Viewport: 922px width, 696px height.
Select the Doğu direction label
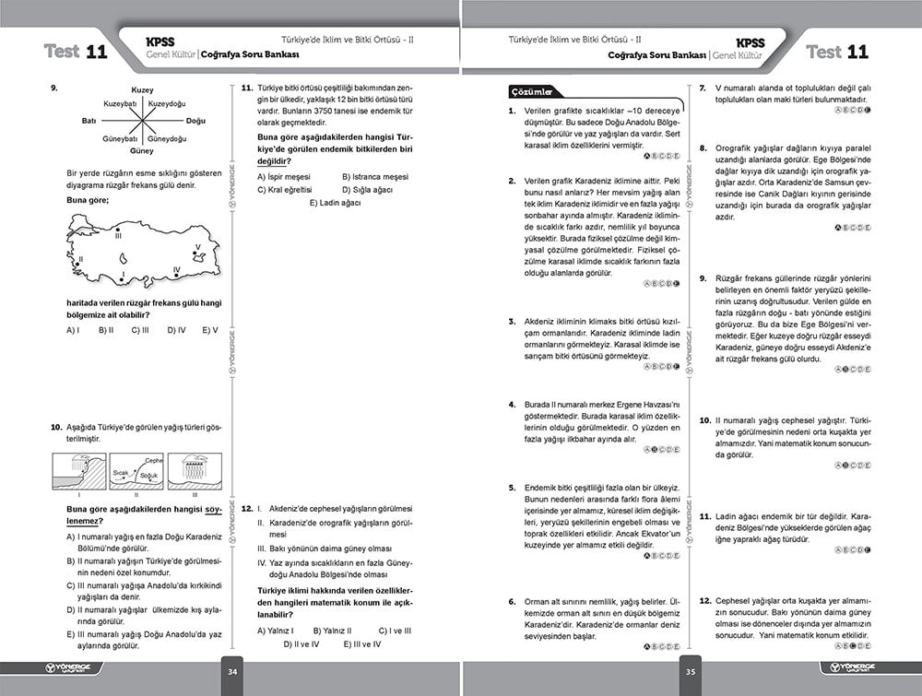pos(196,121)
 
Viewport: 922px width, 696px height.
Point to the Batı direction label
pos(89,121)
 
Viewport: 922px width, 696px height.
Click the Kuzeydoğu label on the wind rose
pos(167,103)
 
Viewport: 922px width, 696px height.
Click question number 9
pos(55,88)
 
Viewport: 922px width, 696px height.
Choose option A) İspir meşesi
pos(284,176)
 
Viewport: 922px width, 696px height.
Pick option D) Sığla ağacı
pos(367,189)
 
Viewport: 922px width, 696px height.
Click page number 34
pos(233,671)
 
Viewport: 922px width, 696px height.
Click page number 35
pos(690,671)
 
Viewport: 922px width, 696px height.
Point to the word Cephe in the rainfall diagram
pos(154,460)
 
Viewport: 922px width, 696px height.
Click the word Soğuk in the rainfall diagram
pos(148,476)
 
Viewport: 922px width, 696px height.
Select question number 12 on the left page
pos(246,509)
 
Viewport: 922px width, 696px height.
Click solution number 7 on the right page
pos(703,88)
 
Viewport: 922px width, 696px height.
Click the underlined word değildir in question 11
pos(272,161)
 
